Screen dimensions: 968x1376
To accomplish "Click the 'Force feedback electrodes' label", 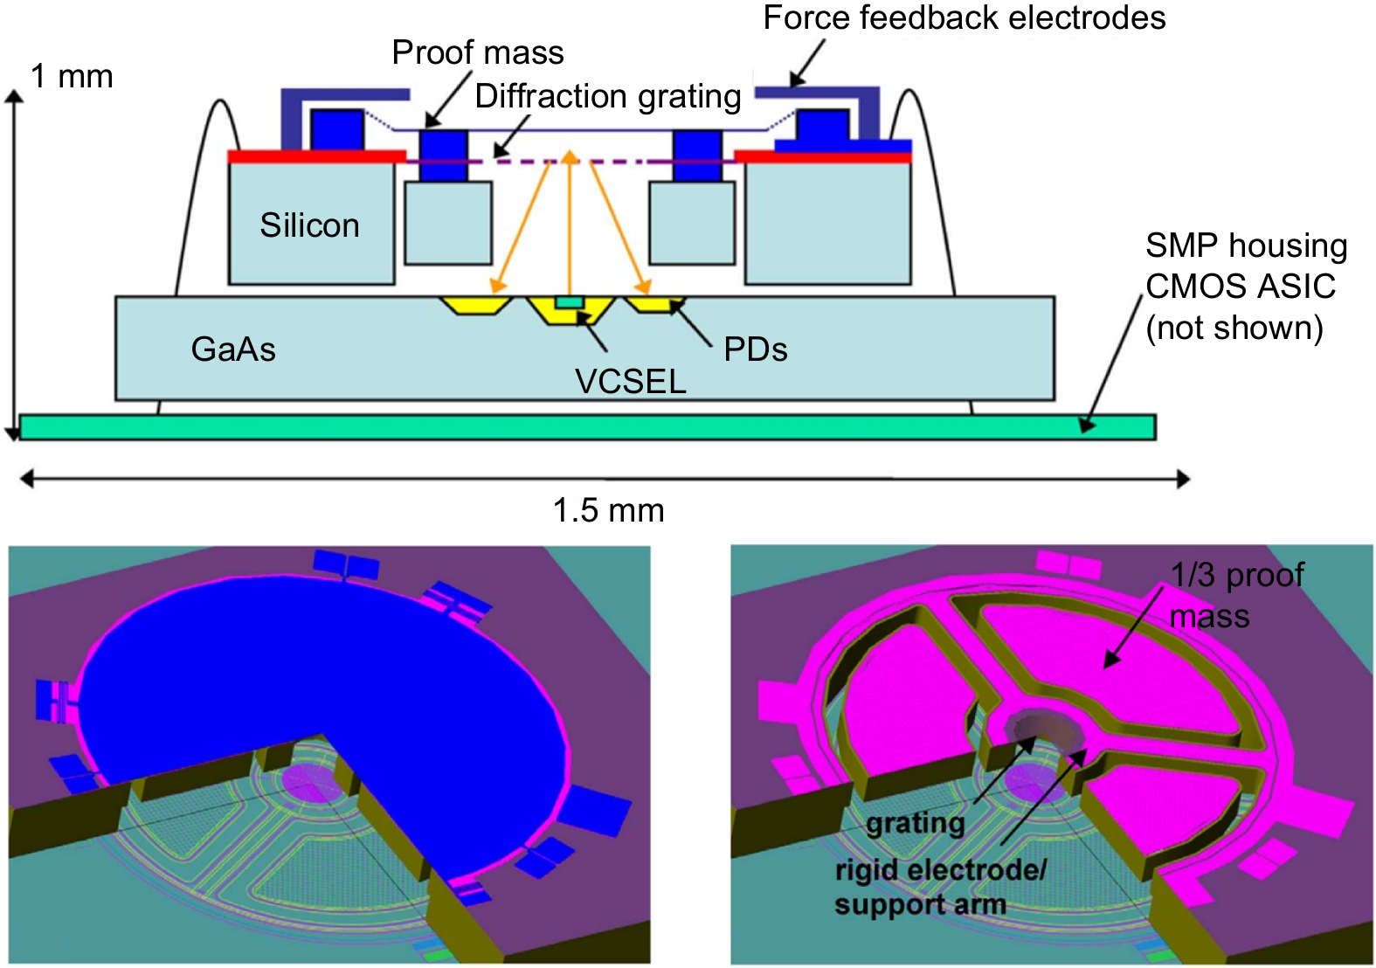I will tap(964, 18).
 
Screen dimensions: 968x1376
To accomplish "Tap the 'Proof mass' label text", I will tap(477, 53).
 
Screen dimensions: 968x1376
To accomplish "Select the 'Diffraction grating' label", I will tap(607, 96).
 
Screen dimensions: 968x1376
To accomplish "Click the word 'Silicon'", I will tap(309, 226).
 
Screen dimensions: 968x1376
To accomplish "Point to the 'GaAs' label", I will tap(233, 349).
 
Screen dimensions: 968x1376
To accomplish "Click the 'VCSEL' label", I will tap(630, 382).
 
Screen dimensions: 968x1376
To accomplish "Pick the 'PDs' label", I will tap(756, 349).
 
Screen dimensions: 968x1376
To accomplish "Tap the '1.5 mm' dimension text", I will tap(608, 510).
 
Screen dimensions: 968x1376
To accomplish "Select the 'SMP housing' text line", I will tap(1246, 245).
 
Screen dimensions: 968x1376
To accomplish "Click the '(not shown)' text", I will tap(1234, 328).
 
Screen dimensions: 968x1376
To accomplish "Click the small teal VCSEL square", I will tap(570, 302).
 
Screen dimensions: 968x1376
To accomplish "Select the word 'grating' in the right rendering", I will tap(915, 823).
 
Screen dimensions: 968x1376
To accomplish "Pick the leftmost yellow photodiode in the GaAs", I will tap(475, 305).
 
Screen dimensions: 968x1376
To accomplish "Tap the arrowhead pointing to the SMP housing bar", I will tap(1087, 424).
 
